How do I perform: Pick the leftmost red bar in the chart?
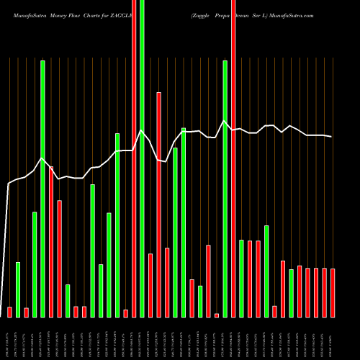(9, 312)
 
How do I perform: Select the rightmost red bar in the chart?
(333, 292)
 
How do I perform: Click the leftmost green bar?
(18, 289)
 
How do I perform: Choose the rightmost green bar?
(291, 293)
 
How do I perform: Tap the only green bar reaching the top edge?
(142, 158)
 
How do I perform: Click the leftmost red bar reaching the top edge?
(134, 158)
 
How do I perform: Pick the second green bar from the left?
(35, 264)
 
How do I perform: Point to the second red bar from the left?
(26, 312)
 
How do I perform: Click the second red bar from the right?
(324, 292)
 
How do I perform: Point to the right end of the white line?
(332, 137)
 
